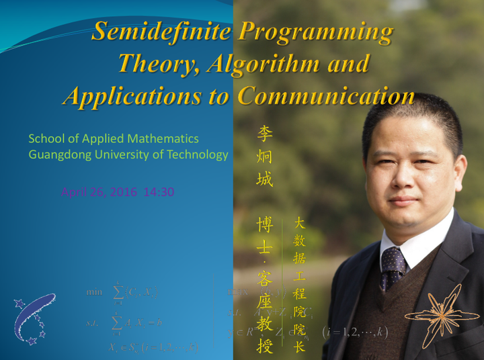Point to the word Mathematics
pyautogui.click(x=159, y=139)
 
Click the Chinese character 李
pyautogui.click(x=265, y=134)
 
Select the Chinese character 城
pyautogui.click(x=265, y=179)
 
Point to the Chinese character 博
pyautogui.click(x=265, y=224)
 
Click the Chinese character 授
pyautogui.click(x=265, y=345)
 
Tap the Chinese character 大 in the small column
pyautogui.click(x=300, y=224)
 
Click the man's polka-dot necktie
pyautogui.click(x=392, y=265)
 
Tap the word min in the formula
pyautogui.click(x=94, y=292)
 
